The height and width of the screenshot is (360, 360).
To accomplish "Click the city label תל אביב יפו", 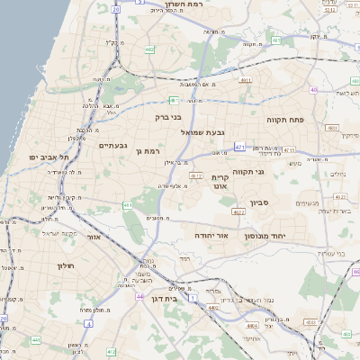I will (42, 157).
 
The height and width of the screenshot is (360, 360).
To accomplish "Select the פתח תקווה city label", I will (287, 119).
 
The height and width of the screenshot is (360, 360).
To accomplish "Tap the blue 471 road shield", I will (239, 146).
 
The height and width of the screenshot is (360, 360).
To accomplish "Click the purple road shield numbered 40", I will (313, 90).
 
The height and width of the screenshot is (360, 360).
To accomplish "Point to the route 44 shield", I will (139, 294).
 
